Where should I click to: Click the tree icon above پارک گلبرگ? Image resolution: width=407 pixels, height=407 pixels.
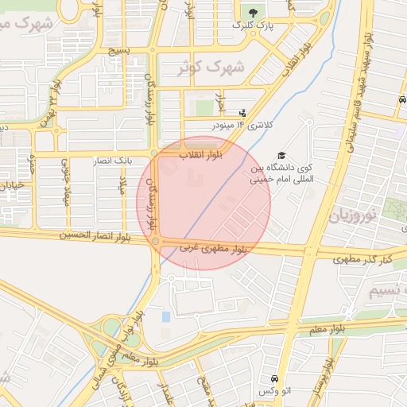point(253,13)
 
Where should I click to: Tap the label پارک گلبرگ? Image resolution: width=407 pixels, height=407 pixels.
point(253,26)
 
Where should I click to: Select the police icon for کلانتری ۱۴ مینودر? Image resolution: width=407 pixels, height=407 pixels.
point(242,113)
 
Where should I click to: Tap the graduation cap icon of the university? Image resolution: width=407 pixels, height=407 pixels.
point(281,156)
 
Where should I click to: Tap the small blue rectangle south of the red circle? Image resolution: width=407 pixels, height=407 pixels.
point(165,316)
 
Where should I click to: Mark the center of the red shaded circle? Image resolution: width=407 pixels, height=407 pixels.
point(203,203)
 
